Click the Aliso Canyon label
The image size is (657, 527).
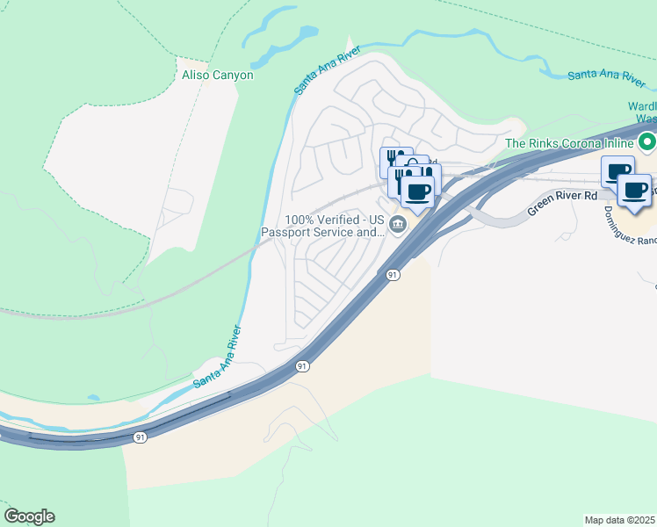click(x=217, y=76)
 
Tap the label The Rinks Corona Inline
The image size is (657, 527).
click(x=569, y=143)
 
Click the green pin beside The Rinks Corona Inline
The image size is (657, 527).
click(x=647, y=141)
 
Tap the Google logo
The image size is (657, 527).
click(x=29, y=516)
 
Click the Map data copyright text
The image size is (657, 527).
click(x=620, y=519)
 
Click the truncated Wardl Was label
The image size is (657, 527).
click(x=642, y=112)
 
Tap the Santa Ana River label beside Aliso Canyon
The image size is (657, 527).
click(x=316, y=72)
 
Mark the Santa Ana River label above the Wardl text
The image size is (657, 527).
click(x=607, y=76)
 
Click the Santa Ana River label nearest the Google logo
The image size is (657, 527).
click(x=216, y=357)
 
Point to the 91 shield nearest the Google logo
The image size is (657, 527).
click(x=141, y=437)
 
